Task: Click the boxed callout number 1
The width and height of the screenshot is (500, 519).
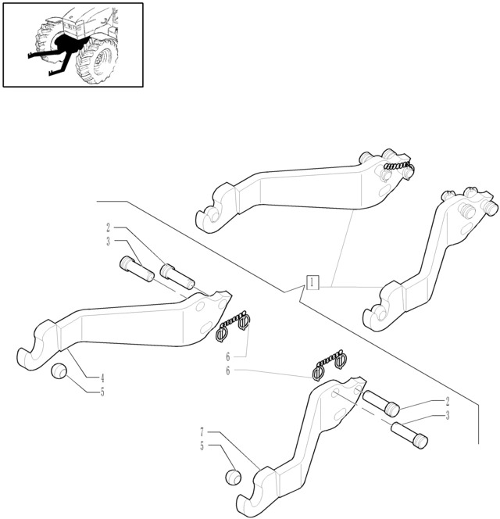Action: [312, 282]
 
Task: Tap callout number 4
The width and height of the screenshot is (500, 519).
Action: [102, 378]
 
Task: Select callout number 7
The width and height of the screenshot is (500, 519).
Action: [202, 432]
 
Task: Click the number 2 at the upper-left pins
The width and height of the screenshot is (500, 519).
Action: [109, 227]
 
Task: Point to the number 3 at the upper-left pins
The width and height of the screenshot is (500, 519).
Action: [109, 242]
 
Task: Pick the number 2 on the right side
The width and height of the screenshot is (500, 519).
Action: [448, 401]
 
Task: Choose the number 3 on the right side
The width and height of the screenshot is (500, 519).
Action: [448, 415]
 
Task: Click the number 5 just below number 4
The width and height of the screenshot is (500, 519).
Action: [102, 392]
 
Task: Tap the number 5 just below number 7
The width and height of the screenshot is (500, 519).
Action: [202, 446]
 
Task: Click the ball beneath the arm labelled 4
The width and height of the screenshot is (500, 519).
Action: [59, 370]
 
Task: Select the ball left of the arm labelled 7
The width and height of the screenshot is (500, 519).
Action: [234, 478]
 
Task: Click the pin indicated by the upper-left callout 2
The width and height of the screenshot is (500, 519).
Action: [177, 277]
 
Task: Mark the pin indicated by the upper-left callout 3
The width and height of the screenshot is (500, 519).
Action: [137, 269]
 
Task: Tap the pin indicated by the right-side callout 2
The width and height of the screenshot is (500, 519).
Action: [381, 403]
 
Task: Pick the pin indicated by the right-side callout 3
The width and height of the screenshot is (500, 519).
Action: [409, 435]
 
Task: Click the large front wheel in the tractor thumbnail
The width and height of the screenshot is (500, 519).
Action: [97, 62]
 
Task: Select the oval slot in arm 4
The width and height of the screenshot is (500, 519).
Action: [206, 327]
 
